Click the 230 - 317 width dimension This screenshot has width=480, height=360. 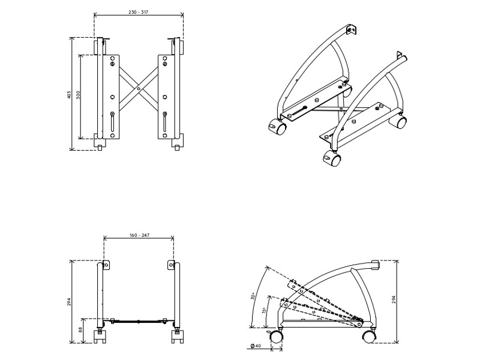coord(139,12)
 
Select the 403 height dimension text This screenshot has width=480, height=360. coord(70,95)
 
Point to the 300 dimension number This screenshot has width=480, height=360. coord(78,96)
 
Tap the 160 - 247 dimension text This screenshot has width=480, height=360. coord(139,236)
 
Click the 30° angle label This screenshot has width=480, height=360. coord(253,296)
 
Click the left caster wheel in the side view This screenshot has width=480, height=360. coord(276,337)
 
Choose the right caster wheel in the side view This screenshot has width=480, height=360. coord(368,337)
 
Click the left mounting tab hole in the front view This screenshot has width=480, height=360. coord(106,265)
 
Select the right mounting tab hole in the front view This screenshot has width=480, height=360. coord(170,265)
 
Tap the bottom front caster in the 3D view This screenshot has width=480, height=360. coord(332,160)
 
